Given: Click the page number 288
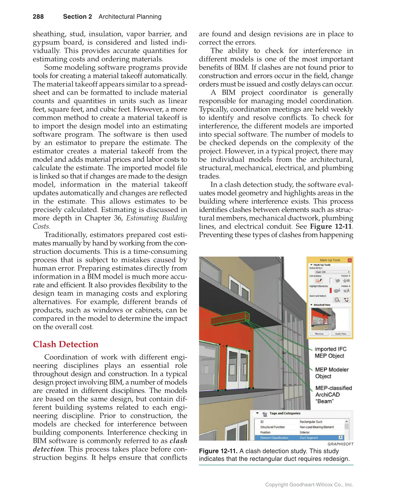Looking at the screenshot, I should [x=38, y=17].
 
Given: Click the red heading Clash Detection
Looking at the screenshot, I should [x=65, y=345].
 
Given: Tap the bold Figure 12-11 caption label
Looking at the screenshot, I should [x=218, y=451].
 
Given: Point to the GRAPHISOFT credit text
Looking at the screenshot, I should [x=340, y=444].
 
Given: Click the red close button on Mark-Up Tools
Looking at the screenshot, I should [x=349, y=260].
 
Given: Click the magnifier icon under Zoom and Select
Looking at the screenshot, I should [x=337, y=300].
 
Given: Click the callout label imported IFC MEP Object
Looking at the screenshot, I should [x=330, y=352].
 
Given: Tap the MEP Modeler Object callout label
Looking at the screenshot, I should [x=331, y=373].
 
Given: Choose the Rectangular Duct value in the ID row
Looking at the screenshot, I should [x=310, y=422].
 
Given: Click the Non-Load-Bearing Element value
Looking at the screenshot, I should [x=316, y=427].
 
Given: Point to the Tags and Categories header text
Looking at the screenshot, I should [x=285, y=413].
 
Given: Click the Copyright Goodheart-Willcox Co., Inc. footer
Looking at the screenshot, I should [x=309, y=485].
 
